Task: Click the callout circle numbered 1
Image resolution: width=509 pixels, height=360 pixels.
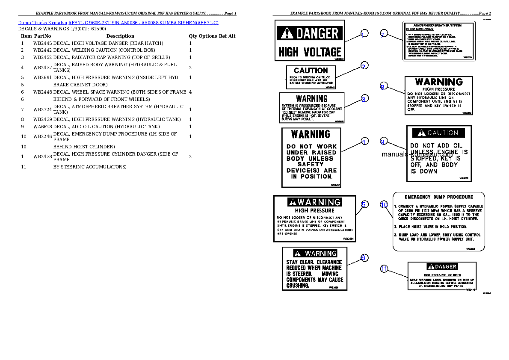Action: point(364,35)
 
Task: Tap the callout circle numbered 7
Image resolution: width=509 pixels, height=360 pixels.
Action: point(384,34)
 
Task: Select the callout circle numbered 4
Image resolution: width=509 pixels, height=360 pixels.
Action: point(364,142)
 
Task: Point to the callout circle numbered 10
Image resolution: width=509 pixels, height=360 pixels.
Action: point(384,205)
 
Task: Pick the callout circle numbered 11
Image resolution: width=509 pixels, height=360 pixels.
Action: point(384,269)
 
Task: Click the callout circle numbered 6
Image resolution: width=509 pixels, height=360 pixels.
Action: point(364,257)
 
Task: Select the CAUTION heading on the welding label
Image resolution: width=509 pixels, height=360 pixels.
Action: point(311,70)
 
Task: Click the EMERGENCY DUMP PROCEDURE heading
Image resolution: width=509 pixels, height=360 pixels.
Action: point(439,197)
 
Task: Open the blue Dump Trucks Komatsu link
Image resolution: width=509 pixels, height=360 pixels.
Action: point(118,23)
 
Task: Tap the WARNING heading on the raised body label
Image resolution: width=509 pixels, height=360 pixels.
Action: point(311,134)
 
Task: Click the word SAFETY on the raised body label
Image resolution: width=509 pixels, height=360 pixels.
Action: point(311,164)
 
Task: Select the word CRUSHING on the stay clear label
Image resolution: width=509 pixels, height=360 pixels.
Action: point(298,285)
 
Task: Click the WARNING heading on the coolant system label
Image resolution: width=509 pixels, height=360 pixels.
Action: point(311,99)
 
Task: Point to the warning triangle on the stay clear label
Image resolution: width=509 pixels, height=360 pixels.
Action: point(298,254)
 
